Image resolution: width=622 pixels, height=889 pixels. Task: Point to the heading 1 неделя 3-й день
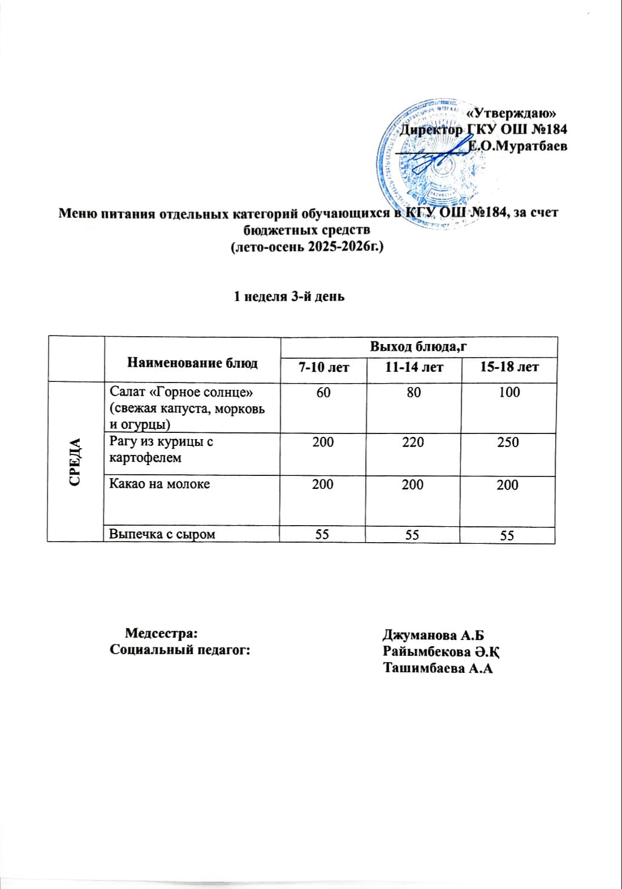pos(289,297)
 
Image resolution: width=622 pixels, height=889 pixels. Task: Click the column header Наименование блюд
pos(192,363)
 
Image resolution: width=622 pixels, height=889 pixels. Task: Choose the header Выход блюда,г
pos(418,346)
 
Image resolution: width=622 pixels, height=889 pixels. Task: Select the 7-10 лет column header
pos(324,367)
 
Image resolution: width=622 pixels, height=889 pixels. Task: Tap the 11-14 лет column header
pos(414,367)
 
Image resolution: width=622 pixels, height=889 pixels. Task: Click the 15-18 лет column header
pos(509,367)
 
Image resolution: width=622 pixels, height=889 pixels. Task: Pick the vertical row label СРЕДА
pos(76,462)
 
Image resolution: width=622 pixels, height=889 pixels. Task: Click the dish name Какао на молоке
pos(159,484)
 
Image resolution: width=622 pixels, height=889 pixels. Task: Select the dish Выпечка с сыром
pos(162,534)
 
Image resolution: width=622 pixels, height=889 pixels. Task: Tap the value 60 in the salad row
pos(323,392)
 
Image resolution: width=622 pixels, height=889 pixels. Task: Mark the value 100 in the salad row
pos(509,392)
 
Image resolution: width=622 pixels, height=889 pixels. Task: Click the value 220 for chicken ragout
pos(413,442)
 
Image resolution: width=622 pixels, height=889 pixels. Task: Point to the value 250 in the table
pos(508,442)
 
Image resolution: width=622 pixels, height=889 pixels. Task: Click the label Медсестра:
pos(161,633)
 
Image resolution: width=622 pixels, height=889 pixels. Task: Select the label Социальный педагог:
pos(180,650)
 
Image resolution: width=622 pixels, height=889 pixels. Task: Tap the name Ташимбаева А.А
pos(438,668)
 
